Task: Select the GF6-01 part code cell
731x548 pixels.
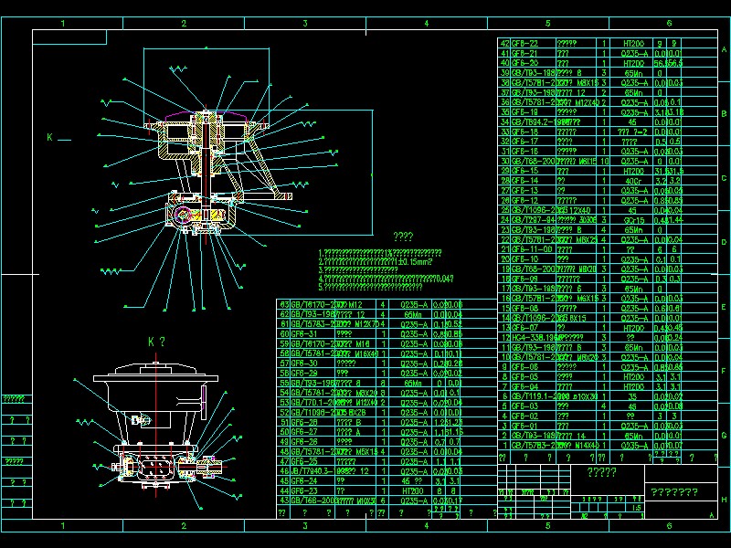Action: pos(524,426)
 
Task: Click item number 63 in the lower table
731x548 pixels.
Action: pos(283,304)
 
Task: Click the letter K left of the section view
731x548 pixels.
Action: pos(50,138)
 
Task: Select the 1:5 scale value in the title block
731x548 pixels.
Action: pos(636,508)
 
